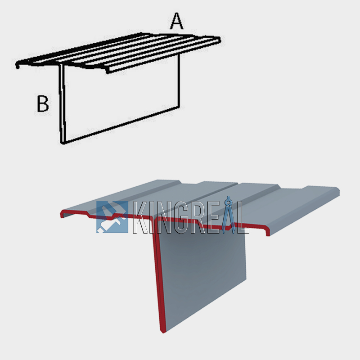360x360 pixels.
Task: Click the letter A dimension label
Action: coord(177,21)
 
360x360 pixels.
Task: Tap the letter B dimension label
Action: coord(43,103)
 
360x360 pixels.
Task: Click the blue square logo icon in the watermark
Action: coord(112,217)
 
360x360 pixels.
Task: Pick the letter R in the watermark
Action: coord(193,217)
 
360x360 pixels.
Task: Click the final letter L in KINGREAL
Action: coord(243,217)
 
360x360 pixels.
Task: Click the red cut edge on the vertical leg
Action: coord(158,279)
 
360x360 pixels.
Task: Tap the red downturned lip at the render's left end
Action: coord(62,214)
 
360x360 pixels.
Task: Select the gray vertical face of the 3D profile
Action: coord(202,279)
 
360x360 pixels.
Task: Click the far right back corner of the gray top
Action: coord(337,188)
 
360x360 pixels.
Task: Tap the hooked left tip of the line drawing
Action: coord(17,66)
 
